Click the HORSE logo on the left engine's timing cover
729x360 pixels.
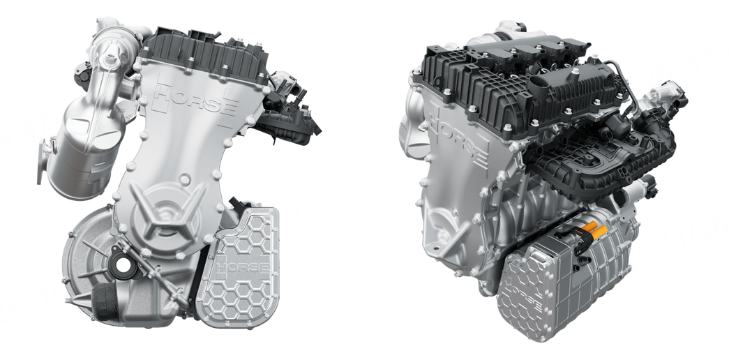[195, 100]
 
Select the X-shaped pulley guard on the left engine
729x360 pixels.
[165, 214]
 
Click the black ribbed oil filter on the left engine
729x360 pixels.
[105, 301]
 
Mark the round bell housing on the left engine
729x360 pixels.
[89, 251]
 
